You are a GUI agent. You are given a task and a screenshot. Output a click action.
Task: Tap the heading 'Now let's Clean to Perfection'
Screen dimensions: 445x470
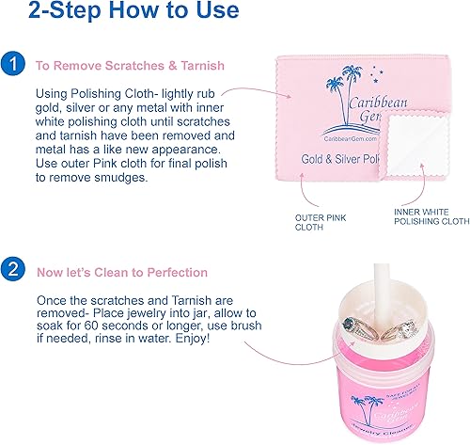click(121, 273)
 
